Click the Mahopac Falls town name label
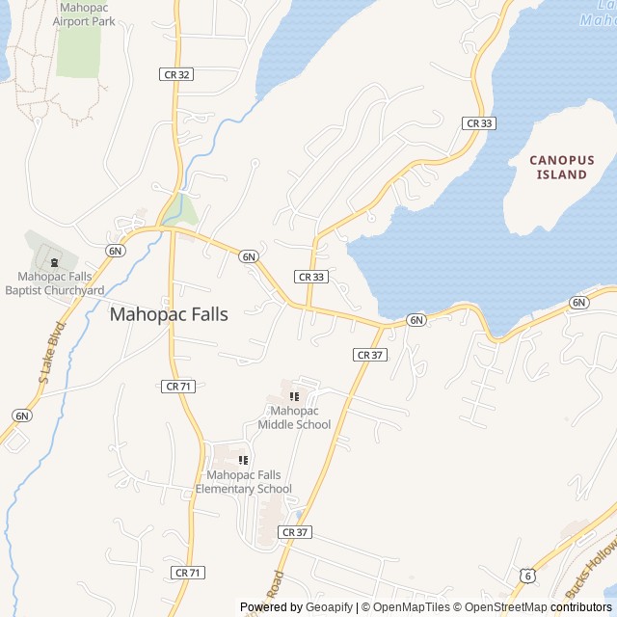coord(169,314)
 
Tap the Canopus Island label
coord(562,167)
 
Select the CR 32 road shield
coord(175,74)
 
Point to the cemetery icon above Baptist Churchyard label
coord(54,261)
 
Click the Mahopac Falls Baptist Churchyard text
coord(55,283)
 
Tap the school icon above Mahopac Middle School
coord(294,396)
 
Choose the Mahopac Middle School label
coord(294,417)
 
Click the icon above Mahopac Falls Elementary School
coord(243,461)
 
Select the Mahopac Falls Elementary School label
coord(243,482)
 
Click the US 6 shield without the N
coord(526,575)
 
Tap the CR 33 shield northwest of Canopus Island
coord(478,123)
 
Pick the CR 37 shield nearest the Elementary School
coord(295,532)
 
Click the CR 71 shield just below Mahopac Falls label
coord(178,386)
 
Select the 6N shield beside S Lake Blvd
coord(21,416)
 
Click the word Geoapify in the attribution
coord(330,607)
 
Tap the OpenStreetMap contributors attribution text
coord(549,607)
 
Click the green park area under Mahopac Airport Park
coord(78,53)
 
